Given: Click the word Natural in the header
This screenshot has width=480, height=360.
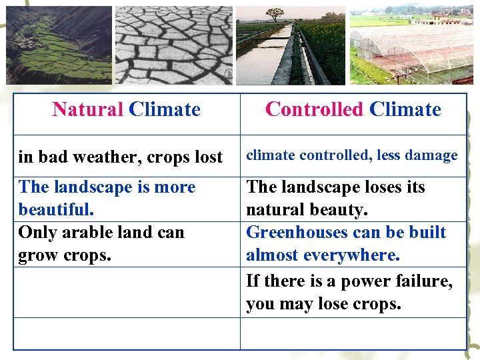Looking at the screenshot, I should [x=88, y=109].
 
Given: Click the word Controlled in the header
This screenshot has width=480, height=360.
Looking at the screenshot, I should [x=314, y=109].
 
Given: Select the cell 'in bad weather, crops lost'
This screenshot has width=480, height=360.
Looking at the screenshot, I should [x=121, y=157].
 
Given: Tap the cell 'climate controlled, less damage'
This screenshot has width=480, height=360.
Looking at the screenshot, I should [x=352, y=155].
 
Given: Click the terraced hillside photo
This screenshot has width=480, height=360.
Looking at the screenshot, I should [x=59, y=45].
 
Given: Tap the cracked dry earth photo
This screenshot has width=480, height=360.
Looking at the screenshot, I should [x=174, y=45].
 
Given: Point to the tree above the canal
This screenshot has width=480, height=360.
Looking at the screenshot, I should [x=274, y=14].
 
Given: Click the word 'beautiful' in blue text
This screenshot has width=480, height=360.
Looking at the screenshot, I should [x=55, y=210].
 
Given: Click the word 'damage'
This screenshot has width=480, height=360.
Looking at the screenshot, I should [x=434, y=155].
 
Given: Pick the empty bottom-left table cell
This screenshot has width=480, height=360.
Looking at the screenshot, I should [x=127, y=333].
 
